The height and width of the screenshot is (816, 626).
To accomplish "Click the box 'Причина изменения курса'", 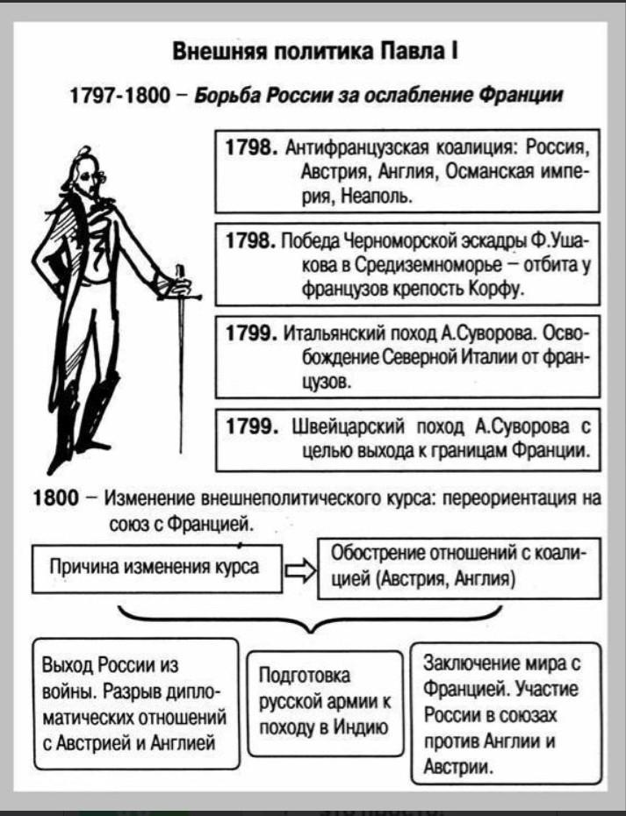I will click(158, 566).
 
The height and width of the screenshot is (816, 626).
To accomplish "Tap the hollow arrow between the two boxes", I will click(299, 573).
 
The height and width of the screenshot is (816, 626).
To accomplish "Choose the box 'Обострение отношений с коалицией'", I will click(454, 567).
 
